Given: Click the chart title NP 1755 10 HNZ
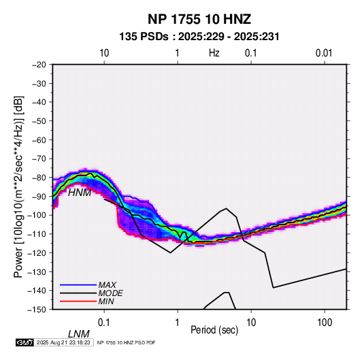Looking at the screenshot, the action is point(199,19).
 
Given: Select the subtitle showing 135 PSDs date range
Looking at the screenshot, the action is point(199,37).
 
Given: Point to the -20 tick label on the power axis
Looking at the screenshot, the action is point(39,65).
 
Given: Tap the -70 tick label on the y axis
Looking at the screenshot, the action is point(39,159).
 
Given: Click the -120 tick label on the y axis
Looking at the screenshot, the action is point(37,252).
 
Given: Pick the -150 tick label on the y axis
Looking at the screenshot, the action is point(37,310).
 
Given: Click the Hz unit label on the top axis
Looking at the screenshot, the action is point(214,53).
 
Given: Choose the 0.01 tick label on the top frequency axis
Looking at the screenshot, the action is point(324,53).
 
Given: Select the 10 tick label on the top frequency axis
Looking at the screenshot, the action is point(104,53).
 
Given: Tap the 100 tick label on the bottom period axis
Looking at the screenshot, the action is point(325,323).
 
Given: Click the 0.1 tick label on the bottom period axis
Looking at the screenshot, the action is point(104,323).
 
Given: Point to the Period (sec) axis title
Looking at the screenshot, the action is point(214,330).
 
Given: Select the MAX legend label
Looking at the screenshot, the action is point(107,285).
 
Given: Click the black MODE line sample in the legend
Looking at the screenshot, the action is point(78,293).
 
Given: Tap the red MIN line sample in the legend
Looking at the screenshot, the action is point(78,301).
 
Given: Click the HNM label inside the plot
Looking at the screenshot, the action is point(80,193).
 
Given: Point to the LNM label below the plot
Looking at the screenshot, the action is point(79,334).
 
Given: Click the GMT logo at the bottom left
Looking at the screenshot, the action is point(25,342).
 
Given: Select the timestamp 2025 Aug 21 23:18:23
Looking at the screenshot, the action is point(63,342).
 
